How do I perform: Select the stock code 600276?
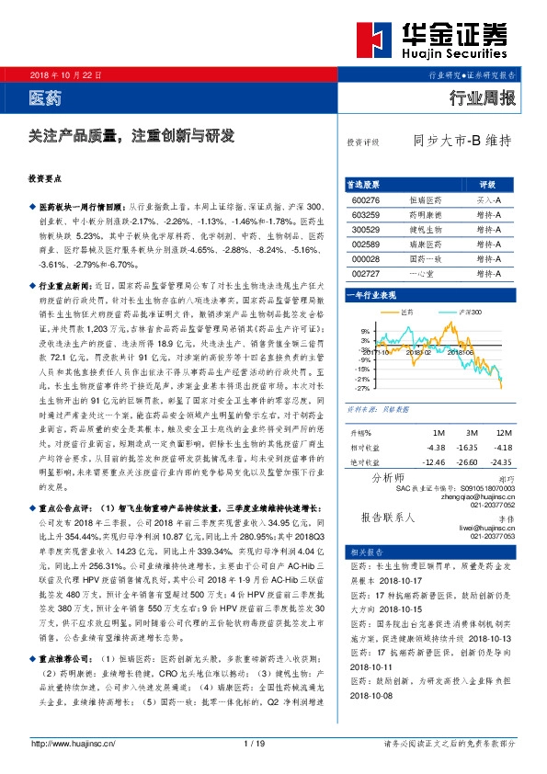click(365, 199)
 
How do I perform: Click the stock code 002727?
click(365, 274)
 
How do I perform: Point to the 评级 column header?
click(487, 184)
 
